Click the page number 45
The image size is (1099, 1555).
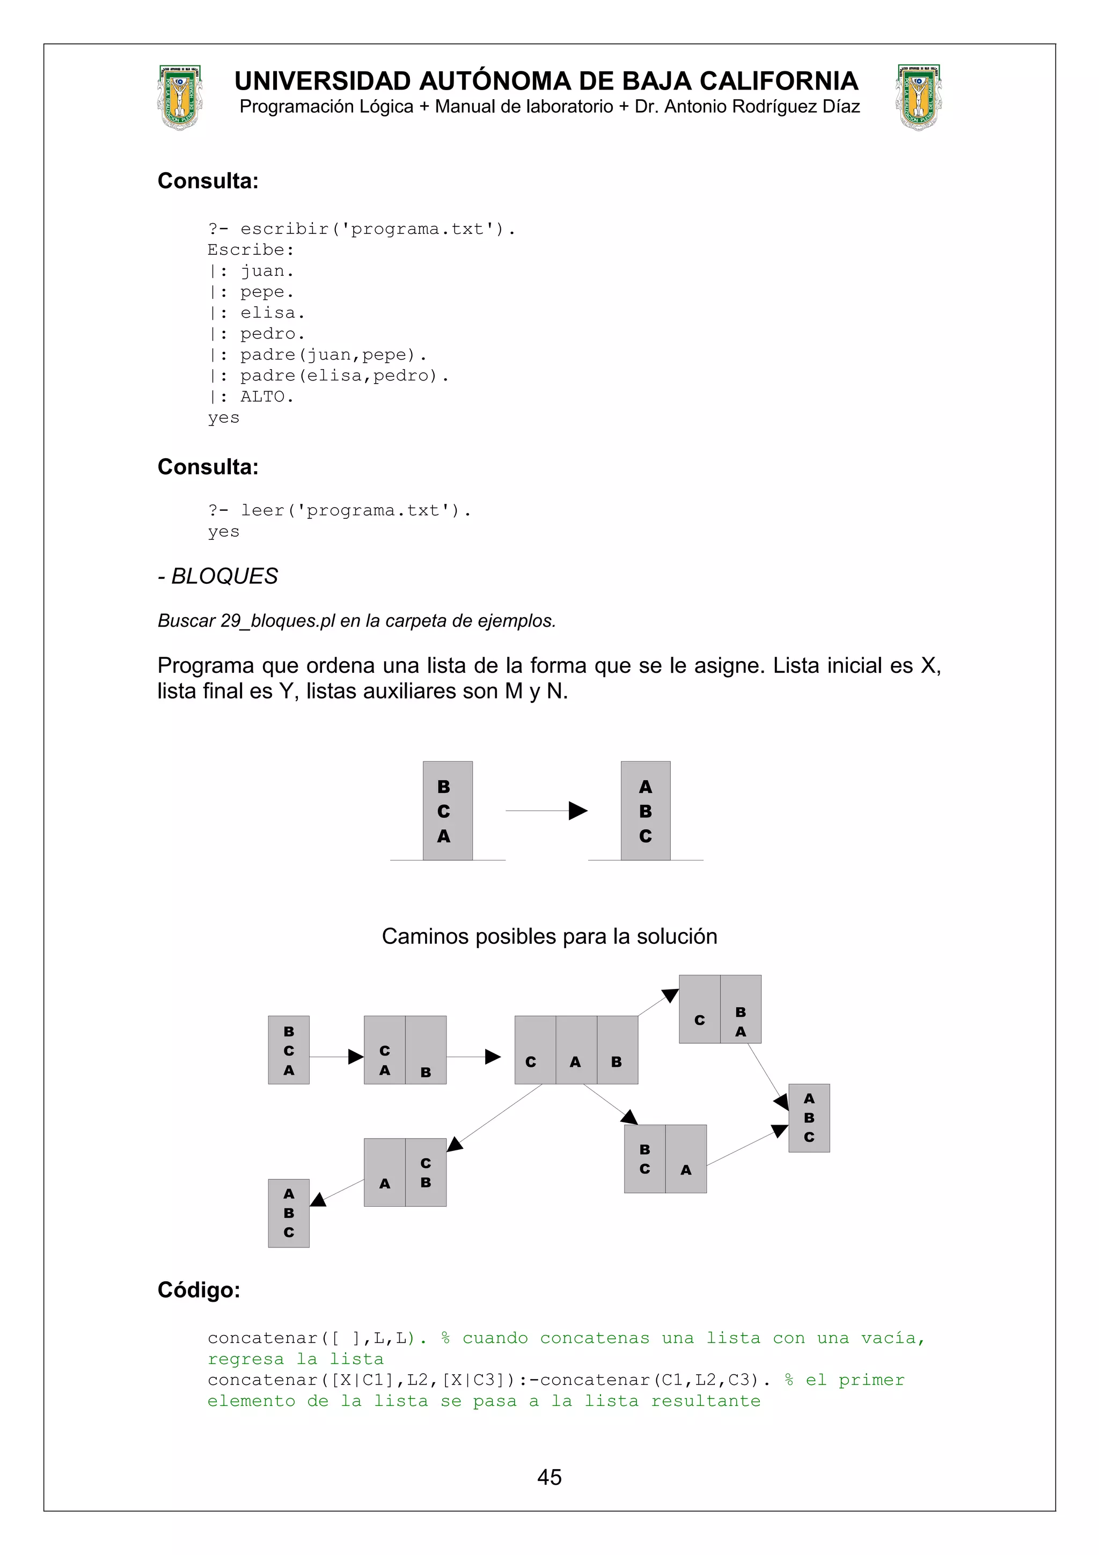549,1477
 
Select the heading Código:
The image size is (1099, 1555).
199,1289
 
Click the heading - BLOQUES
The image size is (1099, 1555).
217,576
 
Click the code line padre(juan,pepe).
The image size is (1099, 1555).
333,355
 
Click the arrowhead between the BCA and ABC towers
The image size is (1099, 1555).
577,811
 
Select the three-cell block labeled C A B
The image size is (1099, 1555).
576,1050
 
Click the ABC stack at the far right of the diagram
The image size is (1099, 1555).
809,1118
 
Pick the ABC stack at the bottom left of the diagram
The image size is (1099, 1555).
289,1213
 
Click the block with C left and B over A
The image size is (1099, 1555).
720,1009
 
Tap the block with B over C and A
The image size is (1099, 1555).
665,1159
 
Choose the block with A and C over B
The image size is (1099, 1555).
405,1172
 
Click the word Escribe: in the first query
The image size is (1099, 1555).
251,250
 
